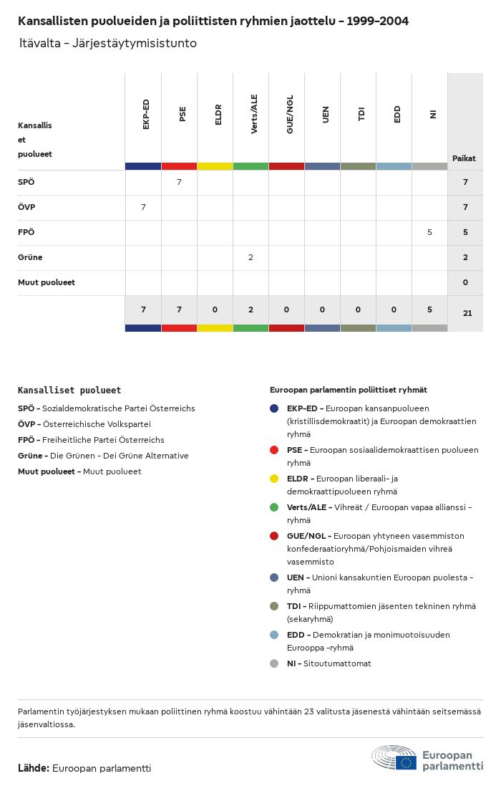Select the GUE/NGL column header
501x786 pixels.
290,114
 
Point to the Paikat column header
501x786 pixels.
464,158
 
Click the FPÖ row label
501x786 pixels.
26,232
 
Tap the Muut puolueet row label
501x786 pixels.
47,282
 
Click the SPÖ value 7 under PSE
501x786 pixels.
179,182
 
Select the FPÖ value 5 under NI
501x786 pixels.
429,232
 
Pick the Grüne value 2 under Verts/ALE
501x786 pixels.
250,257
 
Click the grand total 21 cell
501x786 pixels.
467,313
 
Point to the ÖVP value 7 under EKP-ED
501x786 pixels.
143,207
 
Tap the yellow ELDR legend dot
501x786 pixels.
274,479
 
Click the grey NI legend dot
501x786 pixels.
274,663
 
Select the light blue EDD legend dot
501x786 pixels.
274,635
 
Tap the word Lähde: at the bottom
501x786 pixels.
34,768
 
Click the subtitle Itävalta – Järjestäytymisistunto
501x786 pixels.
108,44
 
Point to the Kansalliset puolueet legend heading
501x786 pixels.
69,390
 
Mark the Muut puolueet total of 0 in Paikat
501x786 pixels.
465,282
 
